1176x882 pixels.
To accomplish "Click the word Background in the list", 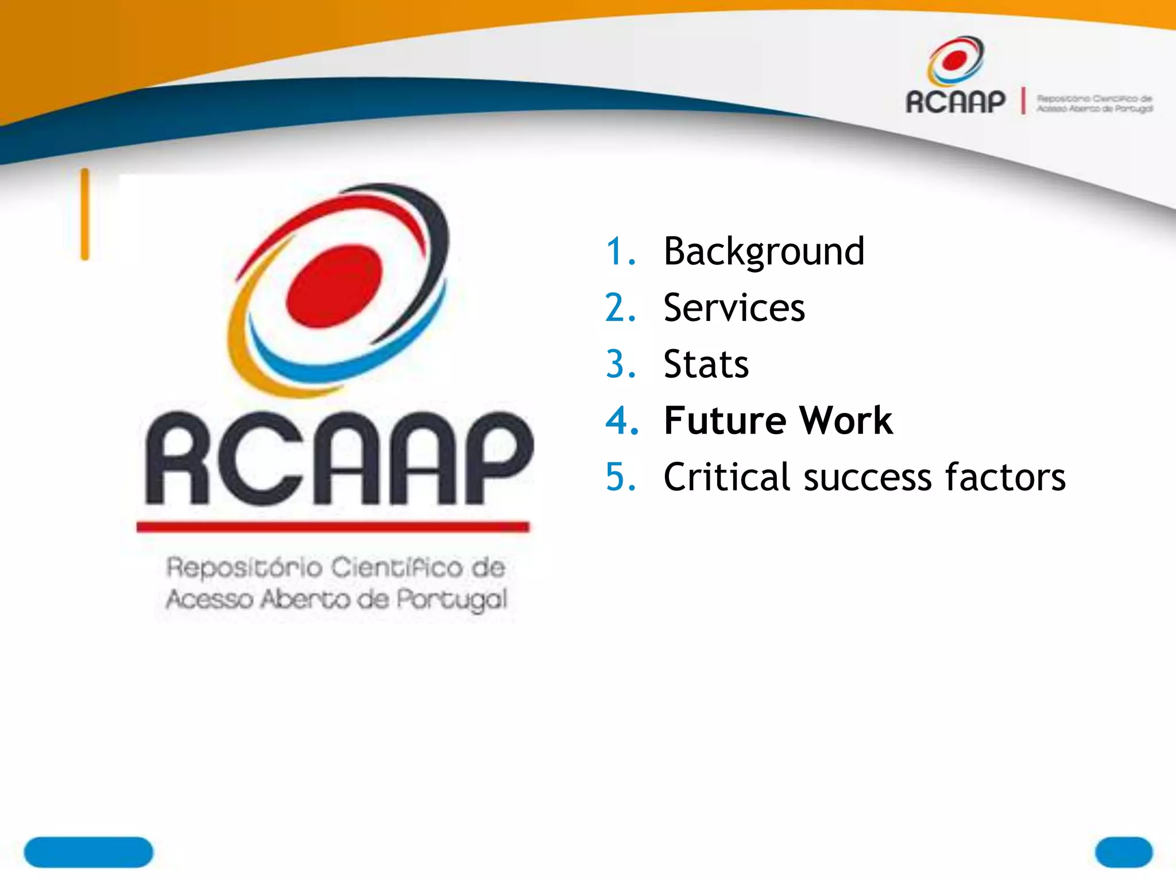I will click(x=764, y=252).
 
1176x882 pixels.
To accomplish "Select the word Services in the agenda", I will click(x=734, y=308).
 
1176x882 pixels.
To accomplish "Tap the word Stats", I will click(x=706, y=364).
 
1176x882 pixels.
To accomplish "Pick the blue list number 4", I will click(x=621, y=420).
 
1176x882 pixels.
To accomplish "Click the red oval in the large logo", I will click(x=334, y=285).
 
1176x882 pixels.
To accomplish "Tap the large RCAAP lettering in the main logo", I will click(x=339, y=459).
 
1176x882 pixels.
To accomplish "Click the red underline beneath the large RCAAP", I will click(x=332, y=527).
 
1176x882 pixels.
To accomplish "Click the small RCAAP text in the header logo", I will click(x=955, y=102).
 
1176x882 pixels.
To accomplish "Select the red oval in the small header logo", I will click(x=955, y=59).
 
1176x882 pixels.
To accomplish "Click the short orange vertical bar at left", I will click(x=85, y=214).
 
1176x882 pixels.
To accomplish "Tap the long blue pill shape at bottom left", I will click(x=88, y=852).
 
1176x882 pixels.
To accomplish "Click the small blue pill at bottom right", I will click(x=1123, y=852).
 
